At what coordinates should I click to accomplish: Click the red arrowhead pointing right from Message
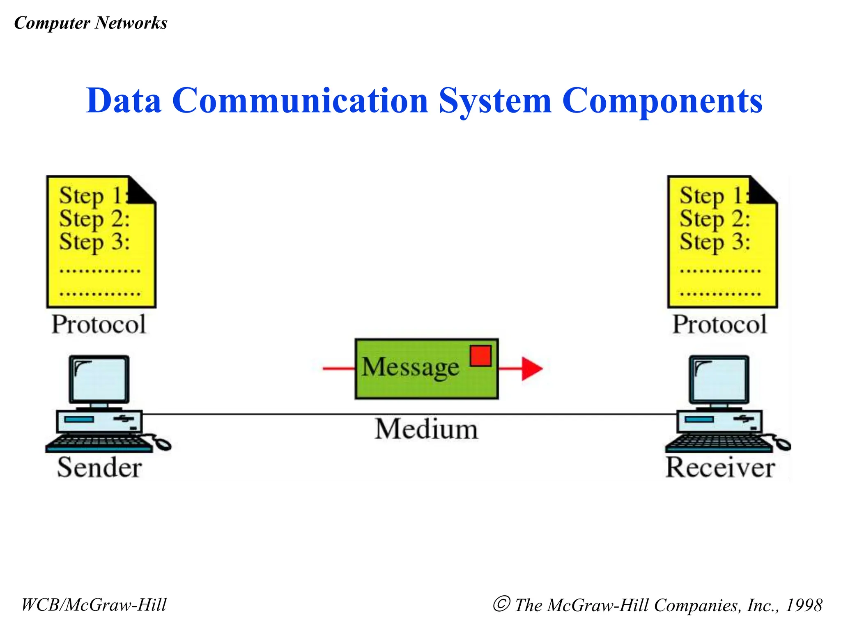click(531, 368)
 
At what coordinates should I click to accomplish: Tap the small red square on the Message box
click(480, 356)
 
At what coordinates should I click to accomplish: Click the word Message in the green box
click(410, 367)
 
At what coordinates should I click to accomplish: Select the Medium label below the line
click(426, 429)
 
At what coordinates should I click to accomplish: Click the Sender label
click(99, 467)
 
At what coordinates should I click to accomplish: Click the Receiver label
click(720, 467)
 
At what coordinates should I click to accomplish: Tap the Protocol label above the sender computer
click(99, 325)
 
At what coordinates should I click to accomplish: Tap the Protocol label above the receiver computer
click(719, 325)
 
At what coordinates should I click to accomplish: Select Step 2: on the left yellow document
click(94, 219)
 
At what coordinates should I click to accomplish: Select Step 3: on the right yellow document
click(715, 242)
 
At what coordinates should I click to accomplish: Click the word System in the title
click(494, 101)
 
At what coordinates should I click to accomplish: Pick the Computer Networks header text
click(91, 23)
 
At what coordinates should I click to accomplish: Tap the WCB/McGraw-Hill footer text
click(94, 605)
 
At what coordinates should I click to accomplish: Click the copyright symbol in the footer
click(501, 604)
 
